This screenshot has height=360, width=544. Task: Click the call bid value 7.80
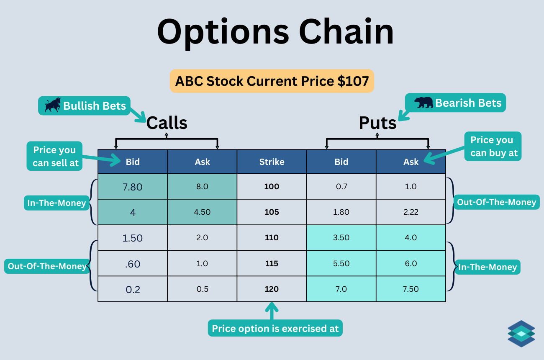133,187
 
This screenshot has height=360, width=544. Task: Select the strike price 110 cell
272,238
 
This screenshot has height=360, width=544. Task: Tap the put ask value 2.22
411,212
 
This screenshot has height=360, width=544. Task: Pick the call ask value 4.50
202,212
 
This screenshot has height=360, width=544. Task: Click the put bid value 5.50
341,263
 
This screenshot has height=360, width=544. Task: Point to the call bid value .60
133,264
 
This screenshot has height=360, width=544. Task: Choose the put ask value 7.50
411,289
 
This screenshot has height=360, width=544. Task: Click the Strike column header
272,162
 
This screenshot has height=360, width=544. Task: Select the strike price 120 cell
272,289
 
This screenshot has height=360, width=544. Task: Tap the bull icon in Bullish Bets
52,105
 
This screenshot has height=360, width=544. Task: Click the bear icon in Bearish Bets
423,103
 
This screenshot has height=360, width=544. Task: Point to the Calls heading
167,123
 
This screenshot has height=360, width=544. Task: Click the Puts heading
377,123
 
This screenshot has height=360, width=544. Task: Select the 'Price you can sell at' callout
55,157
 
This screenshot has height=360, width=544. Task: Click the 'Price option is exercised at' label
275,329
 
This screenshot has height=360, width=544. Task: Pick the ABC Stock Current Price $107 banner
272,81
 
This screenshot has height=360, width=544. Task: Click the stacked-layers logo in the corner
521,334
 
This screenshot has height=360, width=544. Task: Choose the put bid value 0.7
341,187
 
